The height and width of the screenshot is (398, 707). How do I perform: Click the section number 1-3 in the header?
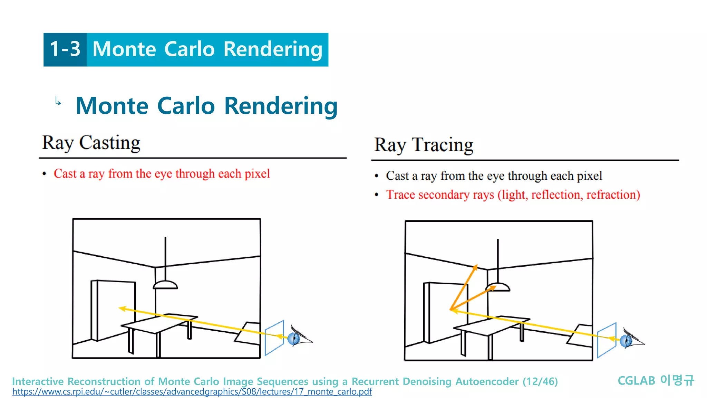point(65,49)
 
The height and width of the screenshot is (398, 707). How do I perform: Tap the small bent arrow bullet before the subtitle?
point(58,102)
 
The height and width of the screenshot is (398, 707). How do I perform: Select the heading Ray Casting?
point(91,143)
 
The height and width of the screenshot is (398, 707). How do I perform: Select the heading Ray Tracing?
point(424,145)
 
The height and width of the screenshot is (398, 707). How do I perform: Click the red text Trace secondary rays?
point(440,195)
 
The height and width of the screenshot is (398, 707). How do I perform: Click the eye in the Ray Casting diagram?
point(294,338)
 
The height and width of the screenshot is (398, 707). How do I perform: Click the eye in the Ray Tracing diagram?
point(627,341)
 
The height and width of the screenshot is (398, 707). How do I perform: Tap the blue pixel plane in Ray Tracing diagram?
point(607,340)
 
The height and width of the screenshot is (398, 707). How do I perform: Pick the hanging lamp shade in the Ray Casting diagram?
point(165,285)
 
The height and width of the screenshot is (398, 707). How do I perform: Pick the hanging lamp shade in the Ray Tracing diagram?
point(497,287)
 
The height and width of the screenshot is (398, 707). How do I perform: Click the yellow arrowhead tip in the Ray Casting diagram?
point(121,308)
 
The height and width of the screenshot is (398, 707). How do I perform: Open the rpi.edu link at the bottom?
point(192,392)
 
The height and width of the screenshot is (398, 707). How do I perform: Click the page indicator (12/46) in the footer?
point(540,381)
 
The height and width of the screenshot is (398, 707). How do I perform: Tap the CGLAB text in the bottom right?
point(636,381)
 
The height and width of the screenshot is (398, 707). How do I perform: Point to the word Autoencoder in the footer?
point(487,381)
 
